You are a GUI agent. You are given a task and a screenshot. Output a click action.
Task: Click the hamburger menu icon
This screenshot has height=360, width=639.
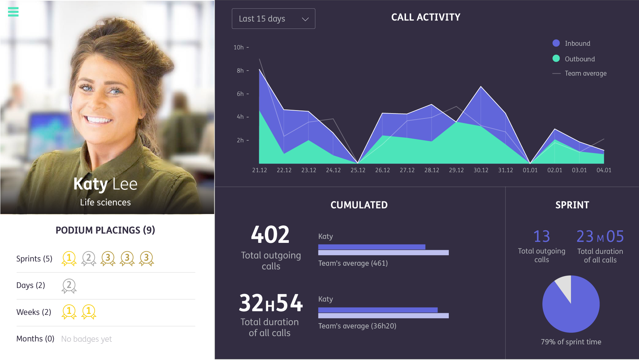(x=13, y=12)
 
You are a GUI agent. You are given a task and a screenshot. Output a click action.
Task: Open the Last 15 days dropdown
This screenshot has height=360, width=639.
(x=273, y=19)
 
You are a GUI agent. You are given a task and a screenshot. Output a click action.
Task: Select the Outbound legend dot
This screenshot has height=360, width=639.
(x=556, y=59)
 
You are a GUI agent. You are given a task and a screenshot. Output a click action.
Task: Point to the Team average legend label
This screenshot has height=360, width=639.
(x=586, y=73)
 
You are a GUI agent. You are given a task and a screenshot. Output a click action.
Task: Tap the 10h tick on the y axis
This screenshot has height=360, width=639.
(x=239, y=47)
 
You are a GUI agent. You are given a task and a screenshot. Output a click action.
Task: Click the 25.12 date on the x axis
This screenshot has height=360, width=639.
(x=358, y=170)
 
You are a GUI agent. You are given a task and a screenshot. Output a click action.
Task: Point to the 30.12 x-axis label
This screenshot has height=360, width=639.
(x=481, y=170)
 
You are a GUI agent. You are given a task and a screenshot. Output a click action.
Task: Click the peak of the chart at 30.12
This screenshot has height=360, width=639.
(x=481, y=87)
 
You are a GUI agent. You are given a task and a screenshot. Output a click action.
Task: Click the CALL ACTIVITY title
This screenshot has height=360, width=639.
(x=426, y=17)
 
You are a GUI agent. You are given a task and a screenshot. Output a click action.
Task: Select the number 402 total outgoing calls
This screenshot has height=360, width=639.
(x=270, y=235)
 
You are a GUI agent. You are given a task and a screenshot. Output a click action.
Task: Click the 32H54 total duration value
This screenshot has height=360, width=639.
(x=271, y=303)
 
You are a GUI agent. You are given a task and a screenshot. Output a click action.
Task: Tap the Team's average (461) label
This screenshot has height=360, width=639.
(x=353, y=263)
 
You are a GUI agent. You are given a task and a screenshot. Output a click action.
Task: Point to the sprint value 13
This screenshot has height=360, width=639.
(x=541, y=236)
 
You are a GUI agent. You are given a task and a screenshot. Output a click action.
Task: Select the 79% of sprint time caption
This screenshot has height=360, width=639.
(x=571, y=342)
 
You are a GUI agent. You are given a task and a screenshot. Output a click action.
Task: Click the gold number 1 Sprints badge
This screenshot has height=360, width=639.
(x=69, y=258)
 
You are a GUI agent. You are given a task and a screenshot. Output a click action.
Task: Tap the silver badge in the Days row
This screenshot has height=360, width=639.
(x=69, y=285)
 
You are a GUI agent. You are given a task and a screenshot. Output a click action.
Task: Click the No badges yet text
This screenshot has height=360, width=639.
(x=86, y=339)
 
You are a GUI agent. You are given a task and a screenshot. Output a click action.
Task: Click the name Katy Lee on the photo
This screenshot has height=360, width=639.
(x=105, y=184)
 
